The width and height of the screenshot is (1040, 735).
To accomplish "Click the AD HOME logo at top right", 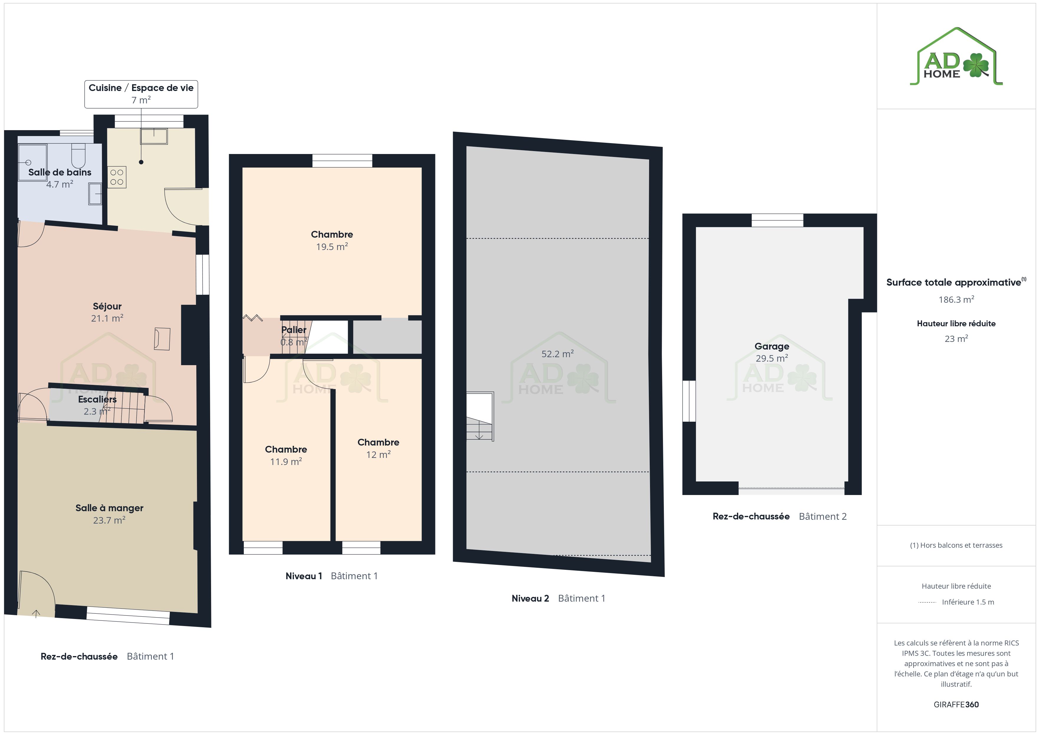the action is coord(956,57).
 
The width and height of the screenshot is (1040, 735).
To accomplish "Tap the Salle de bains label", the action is coord(60,173).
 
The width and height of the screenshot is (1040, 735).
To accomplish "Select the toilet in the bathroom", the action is coord(78,155).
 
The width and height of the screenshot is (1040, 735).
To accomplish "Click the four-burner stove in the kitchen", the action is coord(117,177).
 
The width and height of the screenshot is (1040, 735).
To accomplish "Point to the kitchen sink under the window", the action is coord(154,136).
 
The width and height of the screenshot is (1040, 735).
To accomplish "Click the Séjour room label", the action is coord(107,307).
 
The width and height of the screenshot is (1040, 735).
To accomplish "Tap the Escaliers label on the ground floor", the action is coord(97,399).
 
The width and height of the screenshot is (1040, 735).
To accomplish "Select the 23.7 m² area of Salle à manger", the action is coord(109,520).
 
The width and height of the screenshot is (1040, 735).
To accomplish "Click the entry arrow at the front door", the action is coord(36,613).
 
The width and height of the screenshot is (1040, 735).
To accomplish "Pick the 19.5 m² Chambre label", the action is coord(332,234).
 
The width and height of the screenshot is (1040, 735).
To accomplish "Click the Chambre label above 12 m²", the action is coord(378,442).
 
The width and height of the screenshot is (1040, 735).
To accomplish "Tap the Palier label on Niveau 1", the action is coord(294,330).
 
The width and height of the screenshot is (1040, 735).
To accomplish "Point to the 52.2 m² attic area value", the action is coord(558,354).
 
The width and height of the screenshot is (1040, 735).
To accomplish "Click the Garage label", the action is coord(772,346).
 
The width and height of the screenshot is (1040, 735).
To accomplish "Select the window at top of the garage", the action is coord(777,220).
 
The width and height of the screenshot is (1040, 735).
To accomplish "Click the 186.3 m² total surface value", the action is coord(956,299).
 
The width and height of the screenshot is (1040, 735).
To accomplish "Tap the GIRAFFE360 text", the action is coord(956,705).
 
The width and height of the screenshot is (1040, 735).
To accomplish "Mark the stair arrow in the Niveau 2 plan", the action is coord(479,436).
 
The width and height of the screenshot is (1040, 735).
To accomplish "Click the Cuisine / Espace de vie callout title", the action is coord(141,88).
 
